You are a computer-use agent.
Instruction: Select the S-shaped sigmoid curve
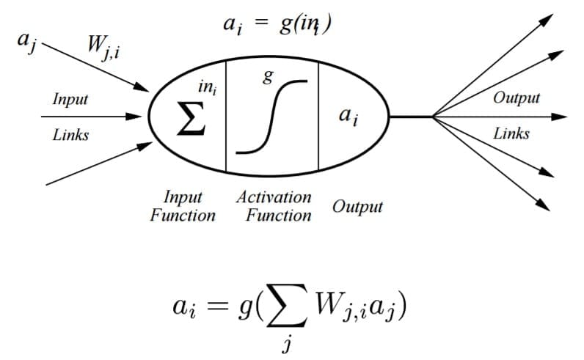271,117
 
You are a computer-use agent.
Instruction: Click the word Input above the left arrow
70,99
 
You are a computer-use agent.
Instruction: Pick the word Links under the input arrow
70,135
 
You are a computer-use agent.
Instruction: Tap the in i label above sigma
208,89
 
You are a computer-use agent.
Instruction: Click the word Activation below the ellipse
274,198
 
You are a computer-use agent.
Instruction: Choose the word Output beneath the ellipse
357,206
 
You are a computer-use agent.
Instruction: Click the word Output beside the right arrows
517,98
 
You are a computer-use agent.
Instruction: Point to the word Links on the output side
511,133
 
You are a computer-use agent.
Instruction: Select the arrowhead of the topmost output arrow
545,18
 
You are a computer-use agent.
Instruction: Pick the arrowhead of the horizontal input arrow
135,116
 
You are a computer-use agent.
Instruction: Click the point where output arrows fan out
433,116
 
